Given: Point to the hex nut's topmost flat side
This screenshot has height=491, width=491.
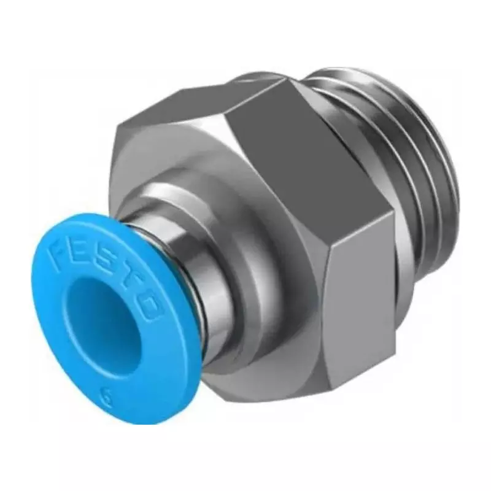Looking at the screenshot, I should (203, 104).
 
